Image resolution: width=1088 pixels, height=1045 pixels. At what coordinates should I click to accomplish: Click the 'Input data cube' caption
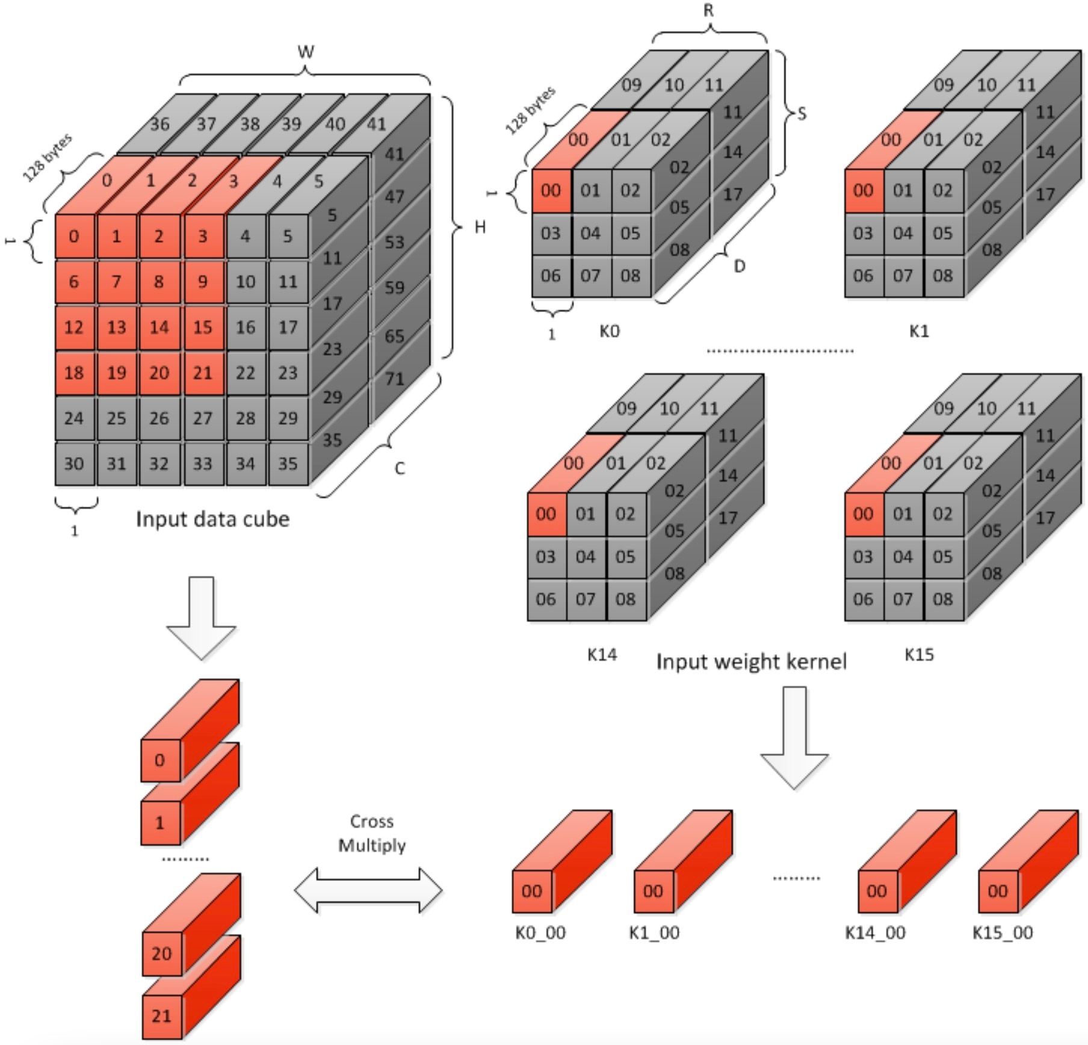[212, 518]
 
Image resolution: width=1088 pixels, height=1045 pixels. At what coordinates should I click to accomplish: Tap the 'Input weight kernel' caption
[751, 661]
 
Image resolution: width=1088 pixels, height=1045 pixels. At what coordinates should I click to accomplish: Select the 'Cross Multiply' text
[371, 833]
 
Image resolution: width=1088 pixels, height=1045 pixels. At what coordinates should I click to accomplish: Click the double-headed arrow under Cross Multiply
[368, 890]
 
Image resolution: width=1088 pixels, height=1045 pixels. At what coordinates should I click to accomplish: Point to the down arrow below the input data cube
[201, 617]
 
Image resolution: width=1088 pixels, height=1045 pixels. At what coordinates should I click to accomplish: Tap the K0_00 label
[540, 932]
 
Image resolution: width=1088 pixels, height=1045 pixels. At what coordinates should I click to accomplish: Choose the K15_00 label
[1003, 932]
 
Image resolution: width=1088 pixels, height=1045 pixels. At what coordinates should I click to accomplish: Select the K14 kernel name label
[602, 654]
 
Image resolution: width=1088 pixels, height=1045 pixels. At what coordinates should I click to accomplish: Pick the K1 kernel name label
[919, 330]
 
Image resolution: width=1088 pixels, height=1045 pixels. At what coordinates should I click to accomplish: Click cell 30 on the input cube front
[74, 464]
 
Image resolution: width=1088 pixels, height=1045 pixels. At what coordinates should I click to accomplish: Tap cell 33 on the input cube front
[202, 464]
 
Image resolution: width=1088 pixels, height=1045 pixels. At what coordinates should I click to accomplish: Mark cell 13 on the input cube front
[117, 327]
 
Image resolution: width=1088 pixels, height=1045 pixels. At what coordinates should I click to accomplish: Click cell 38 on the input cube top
[250, 124]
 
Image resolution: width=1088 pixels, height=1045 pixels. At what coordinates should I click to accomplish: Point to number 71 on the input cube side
[394, 379]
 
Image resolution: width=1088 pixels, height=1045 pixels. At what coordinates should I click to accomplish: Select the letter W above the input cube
[306, 52]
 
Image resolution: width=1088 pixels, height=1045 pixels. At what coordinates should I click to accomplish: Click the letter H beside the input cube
[480, 227]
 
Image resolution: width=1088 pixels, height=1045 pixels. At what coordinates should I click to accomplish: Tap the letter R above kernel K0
[708, 11]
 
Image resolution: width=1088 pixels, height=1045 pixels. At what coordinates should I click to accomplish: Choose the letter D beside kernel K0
[740, 265]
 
